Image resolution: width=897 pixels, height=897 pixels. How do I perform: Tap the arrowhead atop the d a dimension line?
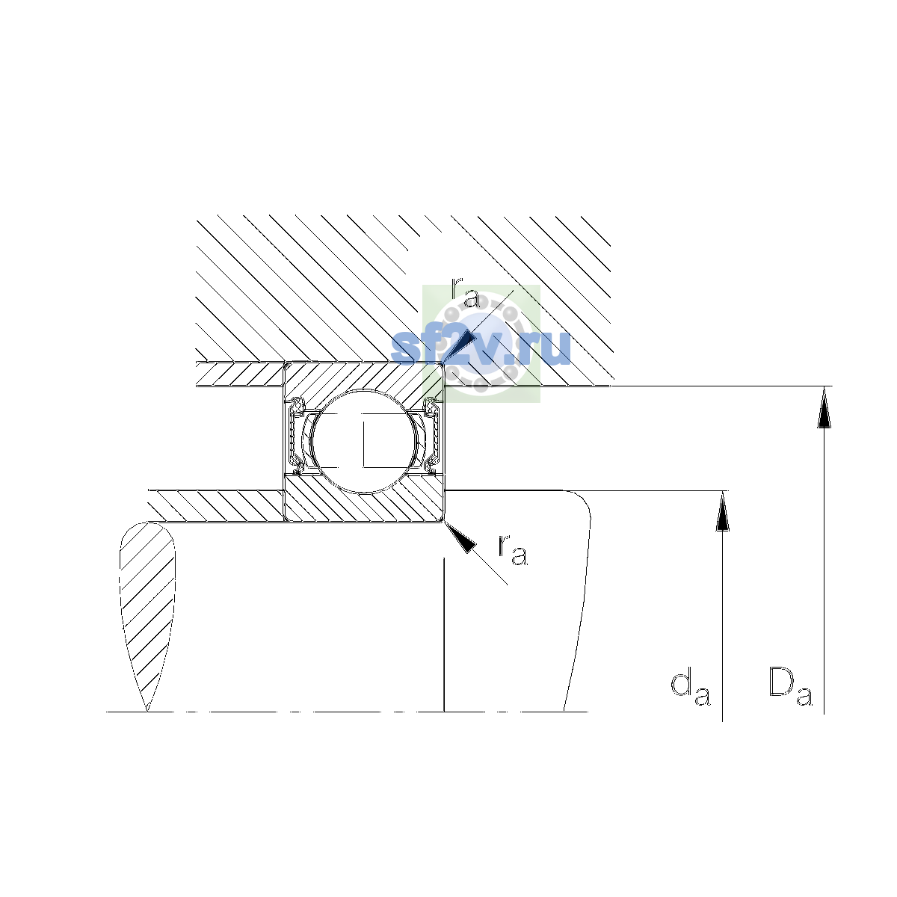pos(722,511)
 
